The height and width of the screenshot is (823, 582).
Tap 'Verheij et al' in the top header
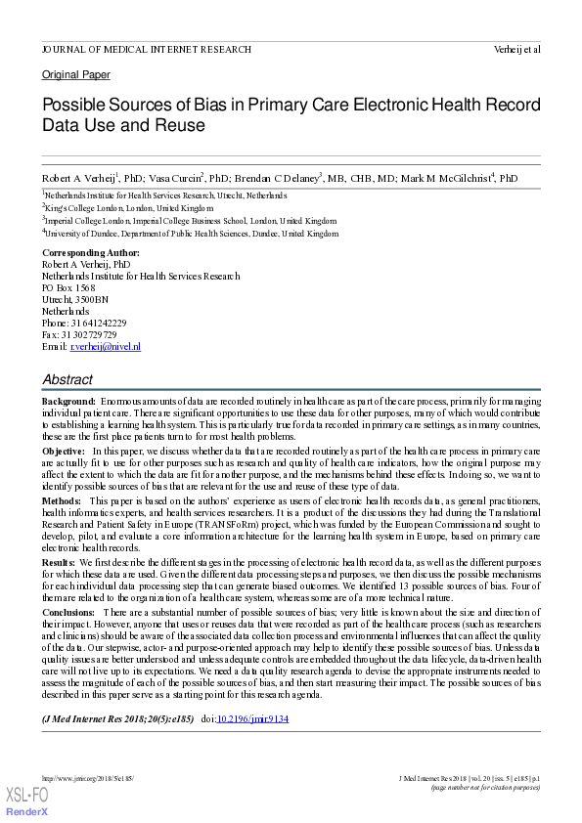(x=517, y=49)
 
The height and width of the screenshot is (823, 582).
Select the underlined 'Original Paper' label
(x=75, y=74)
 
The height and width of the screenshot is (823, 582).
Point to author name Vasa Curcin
(x=177, y=178)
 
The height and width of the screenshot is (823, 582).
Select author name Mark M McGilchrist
(x=441, y=178)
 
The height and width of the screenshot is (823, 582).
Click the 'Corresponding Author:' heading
(x=90, y=252)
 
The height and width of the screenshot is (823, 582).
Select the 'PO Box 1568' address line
(x=68, y=287)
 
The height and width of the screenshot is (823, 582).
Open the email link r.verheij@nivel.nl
(x=104, y=346)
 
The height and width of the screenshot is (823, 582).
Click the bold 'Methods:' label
(x=62, y=498)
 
